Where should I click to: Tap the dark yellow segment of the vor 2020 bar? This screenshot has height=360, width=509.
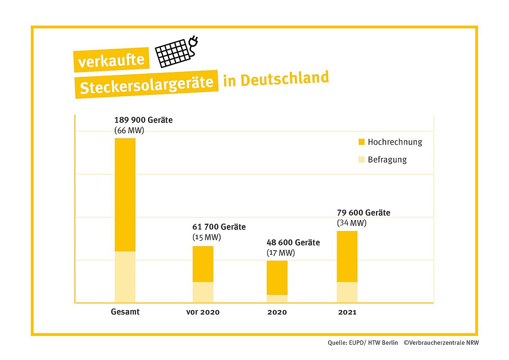(203, 264)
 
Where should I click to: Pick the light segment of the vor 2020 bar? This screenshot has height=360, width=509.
(203, 292)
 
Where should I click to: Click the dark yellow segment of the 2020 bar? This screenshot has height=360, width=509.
(277, 278)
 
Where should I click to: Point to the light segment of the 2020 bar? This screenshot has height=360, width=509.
(277, 298)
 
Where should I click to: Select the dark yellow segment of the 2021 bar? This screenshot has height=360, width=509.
(347, 256)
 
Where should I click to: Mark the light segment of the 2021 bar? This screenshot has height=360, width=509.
(347, 292)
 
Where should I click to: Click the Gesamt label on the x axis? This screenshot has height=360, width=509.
(125, 312)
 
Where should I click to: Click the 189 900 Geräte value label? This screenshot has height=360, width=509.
(144, 121)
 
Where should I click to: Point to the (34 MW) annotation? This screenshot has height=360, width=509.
(351, 223)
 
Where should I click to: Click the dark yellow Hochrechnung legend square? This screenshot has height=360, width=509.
(361, 142)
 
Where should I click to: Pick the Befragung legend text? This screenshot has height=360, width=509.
(387, 160)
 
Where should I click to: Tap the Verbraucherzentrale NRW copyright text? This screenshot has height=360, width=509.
(441, 343)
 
